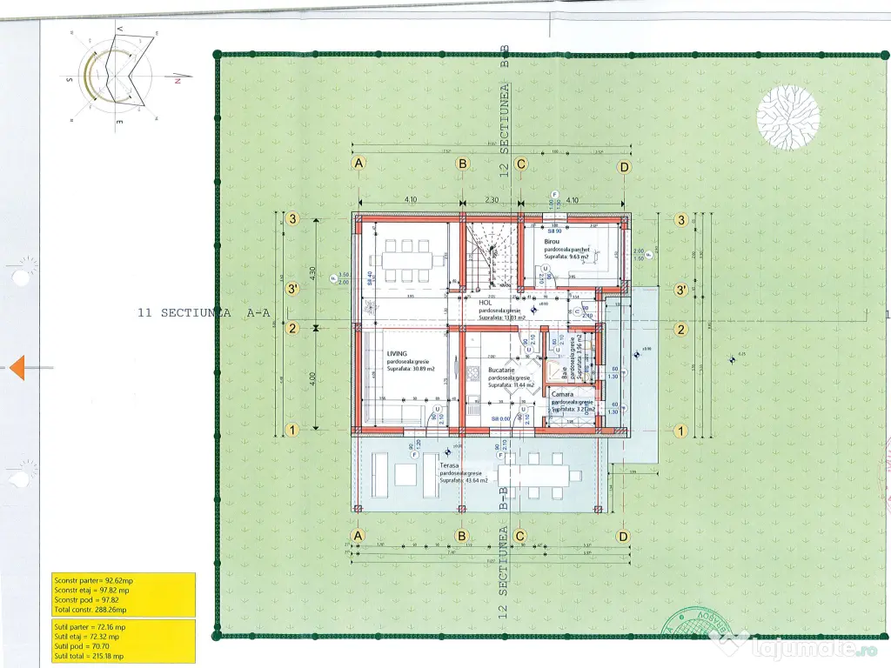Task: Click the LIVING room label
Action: (398, 354)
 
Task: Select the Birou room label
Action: (553, 240)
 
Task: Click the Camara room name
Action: (562, 394)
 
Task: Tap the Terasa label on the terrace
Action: (449, 465)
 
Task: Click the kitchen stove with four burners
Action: (474, 374)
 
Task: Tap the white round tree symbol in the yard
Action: (787, 117)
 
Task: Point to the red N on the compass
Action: (177, 80)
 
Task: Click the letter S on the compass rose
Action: (69, 79)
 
